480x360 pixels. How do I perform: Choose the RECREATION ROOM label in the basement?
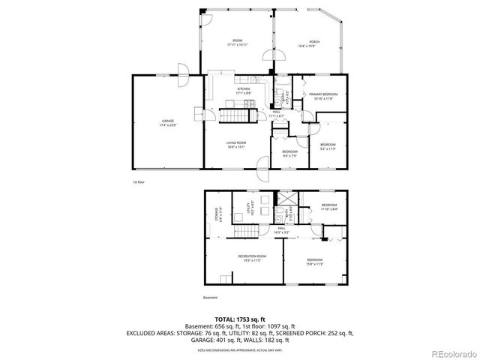point(248,259)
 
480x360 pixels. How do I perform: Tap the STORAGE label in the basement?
point(217,217)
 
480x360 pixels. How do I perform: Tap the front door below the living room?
point(263,166)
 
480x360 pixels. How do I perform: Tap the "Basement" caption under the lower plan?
point(211,298)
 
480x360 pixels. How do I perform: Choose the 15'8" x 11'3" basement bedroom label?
point(314,262)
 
